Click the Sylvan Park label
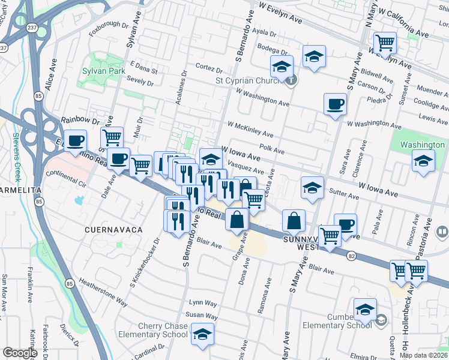(x=103, y=71)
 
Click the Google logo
(x=20, y=353)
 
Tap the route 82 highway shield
(x=351, y=255)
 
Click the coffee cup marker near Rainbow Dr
(x=76, y=142)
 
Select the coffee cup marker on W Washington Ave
(x=335, y=104)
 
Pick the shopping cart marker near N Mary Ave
(x=384, y=43)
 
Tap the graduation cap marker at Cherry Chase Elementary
(x=203, y=334)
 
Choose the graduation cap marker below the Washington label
(x=424, y=161)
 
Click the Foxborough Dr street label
(x=109, y=30)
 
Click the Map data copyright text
(x=423, y=355)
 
